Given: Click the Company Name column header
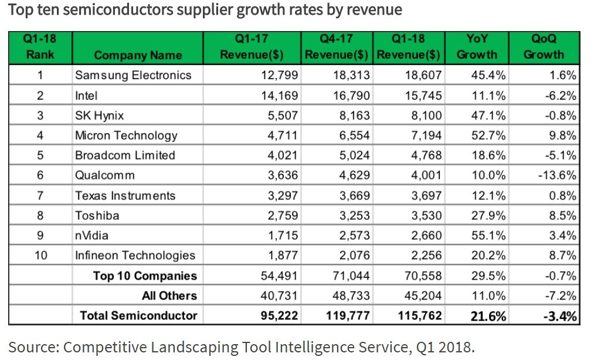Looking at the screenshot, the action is point(138,55).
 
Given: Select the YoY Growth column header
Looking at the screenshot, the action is point(477,46).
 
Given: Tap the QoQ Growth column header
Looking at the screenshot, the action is point(544,46).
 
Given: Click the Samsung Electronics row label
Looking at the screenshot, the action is point(133,75).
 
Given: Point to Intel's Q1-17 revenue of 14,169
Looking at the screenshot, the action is point(280,95).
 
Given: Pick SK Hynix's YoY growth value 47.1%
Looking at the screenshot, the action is point(488,115).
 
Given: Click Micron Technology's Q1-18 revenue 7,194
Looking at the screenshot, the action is point(426,135).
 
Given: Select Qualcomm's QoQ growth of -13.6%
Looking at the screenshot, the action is point(557,175).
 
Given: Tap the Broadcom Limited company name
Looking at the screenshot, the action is point(125,155).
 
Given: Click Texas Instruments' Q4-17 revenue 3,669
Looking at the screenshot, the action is point(354,195).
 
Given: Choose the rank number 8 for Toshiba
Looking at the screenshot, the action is point(40,216).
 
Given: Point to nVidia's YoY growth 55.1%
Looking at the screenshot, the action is point(488,235).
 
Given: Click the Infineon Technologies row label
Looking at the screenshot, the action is point(135,256).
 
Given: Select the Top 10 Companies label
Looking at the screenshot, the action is point(145,276).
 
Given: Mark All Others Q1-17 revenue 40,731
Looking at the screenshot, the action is point(280,296).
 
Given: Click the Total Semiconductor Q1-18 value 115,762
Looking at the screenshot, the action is point(420,315).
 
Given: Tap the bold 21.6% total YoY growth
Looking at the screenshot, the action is point(488,316).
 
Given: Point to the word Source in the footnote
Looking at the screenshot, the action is point(33,347).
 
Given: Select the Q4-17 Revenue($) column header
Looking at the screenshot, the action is point(337,46).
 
